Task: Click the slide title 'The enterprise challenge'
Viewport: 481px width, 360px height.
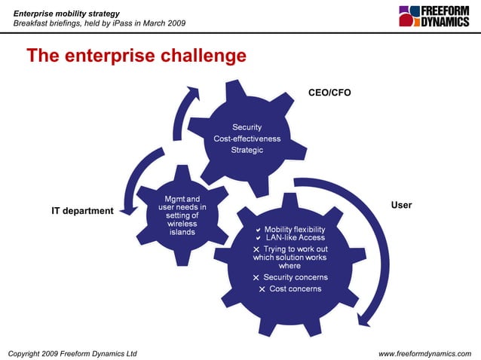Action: pos(136,56)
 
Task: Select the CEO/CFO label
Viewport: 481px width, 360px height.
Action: pos(329,93)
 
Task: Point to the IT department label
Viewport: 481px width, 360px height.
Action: pos(82,211)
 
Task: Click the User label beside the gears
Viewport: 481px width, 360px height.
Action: pos(401,205)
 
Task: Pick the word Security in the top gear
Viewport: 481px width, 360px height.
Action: pos(247,127)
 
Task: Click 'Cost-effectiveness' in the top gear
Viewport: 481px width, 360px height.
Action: pos(247,139)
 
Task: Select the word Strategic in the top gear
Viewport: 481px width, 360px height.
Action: pos(247,150)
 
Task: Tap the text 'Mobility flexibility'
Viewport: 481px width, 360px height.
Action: pos(295,229)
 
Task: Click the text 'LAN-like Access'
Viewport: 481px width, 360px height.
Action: pos(295,238)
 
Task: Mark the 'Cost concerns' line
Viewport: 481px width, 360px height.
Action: pos(295,288)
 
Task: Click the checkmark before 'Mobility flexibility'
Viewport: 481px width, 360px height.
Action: pos(257,229)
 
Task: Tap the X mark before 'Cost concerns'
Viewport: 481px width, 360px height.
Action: pos(262,289)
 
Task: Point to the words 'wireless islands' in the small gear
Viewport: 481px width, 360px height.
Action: pos(182,227)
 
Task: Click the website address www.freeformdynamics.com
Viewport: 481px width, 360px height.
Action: pos(424,352)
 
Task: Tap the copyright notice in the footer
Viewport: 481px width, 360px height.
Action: pos(72,352)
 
